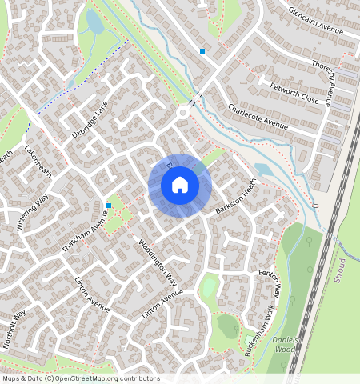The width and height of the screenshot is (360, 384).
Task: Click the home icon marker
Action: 180,185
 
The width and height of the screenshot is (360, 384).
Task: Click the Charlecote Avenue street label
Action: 257,117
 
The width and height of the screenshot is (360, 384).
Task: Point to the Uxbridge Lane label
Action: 89,118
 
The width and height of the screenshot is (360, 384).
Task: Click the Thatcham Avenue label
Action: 85,232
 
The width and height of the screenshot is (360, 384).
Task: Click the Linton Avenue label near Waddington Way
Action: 163,307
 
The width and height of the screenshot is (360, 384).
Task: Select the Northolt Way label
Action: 14,330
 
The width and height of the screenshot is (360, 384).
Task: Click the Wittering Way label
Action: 32,212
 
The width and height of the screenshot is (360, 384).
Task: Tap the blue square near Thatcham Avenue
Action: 109,206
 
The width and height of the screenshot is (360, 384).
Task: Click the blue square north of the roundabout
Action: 202,51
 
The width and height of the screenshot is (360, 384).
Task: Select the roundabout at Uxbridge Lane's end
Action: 183,113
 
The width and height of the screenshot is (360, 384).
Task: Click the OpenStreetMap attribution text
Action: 81,378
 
